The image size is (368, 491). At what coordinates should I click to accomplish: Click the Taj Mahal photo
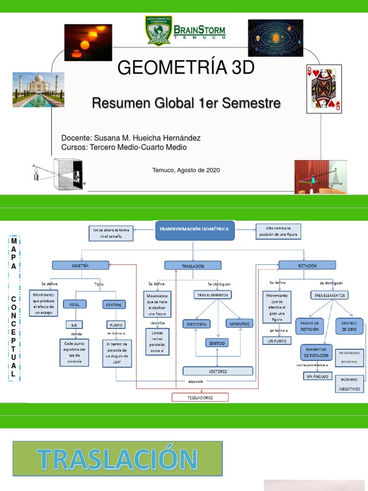click(x=38, y=89)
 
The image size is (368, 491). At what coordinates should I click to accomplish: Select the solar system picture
click(x=275, y=38)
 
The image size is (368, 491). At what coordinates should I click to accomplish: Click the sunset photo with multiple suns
click(x=88, y=42)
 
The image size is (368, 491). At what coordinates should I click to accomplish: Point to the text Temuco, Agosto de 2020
click(x=186, y=170)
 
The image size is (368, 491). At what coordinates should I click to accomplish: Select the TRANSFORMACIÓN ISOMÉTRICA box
click(x=194, y=230)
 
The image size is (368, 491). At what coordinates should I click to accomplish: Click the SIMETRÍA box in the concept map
click(x=80, y=265)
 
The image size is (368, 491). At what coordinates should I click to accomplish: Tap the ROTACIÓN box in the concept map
click(x=307, y=265)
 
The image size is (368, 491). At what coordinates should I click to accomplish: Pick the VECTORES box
click(x=218, y=371)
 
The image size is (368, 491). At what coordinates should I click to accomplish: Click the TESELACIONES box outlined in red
click(x=200, y=397)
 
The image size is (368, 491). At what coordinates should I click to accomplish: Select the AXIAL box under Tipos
click(x=75, y=304)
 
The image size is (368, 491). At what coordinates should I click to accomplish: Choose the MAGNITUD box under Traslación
click(x=239, y=325)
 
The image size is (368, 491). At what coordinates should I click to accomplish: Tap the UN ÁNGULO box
click(x=316, y=376)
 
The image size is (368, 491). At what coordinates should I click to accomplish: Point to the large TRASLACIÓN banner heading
click(x=118, y=459)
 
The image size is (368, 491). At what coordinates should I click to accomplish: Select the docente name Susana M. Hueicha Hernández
click(x=131, y=138)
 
